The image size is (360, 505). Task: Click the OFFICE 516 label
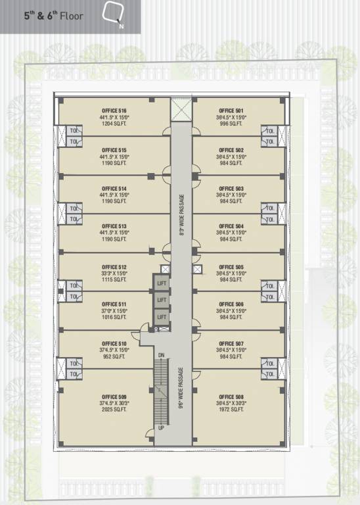[x=114, y=110]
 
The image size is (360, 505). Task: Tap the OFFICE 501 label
[x=231, y=110]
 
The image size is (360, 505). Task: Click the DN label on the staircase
[x=160, y=355]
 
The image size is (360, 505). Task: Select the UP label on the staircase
[x=160, y=428]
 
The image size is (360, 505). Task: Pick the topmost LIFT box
[x=162, y=283]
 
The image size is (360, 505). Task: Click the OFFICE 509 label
[x=114, y=397]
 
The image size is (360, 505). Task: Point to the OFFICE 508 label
[x=231, y=397]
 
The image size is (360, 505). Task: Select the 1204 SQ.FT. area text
[x=114, y=123]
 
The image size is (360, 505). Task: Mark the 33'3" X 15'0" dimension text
[x=114, y=273]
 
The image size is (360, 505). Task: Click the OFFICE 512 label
[x=114, y=266]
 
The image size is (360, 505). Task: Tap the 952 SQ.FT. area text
[x=114, y=356]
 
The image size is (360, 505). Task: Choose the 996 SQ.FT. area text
[x=231, y=123]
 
